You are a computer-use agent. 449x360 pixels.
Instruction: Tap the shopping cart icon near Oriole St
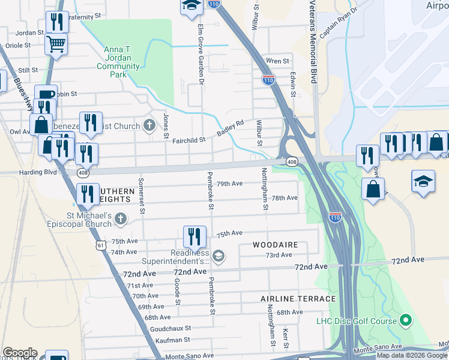[x=56, y=44]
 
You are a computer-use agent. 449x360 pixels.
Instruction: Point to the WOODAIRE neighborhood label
[x=274, y=245]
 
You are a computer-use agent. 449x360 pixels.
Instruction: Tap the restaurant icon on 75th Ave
[x=194, y=236]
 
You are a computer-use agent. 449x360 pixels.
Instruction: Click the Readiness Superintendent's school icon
[x=218, y=256]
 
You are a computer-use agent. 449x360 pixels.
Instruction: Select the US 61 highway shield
[x=100, y=245]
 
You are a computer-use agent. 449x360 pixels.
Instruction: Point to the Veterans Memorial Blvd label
[x=313, y=42]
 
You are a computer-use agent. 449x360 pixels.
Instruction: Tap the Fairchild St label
[x=189, y=140]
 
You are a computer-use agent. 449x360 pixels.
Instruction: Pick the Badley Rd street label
[x=231, y=128]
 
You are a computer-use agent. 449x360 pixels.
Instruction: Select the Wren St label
[x=277, y=61]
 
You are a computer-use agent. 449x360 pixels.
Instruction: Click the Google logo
[x=19, y=353]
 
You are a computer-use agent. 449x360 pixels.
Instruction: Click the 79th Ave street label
[x=229, y=184]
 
